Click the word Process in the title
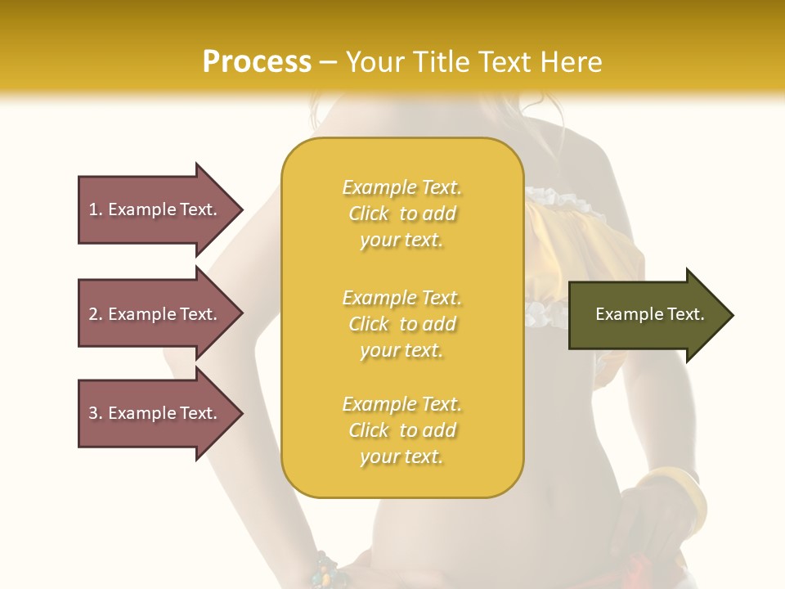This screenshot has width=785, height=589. pos(257,62)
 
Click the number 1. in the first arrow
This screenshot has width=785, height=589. pos(96,209)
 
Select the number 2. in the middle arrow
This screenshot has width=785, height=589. pos(96,314)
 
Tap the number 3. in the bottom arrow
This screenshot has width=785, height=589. pos(96,413)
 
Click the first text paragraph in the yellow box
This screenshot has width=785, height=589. pos(401,214)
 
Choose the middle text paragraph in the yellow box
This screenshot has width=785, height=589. pos(401,324)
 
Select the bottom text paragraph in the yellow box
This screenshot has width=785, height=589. pos(401,430)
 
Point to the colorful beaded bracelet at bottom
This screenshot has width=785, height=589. pos(327,571)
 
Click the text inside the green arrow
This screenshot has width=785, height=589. pos(649,314)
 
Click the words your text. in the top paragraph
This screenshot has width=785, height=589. pos(401,241)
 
